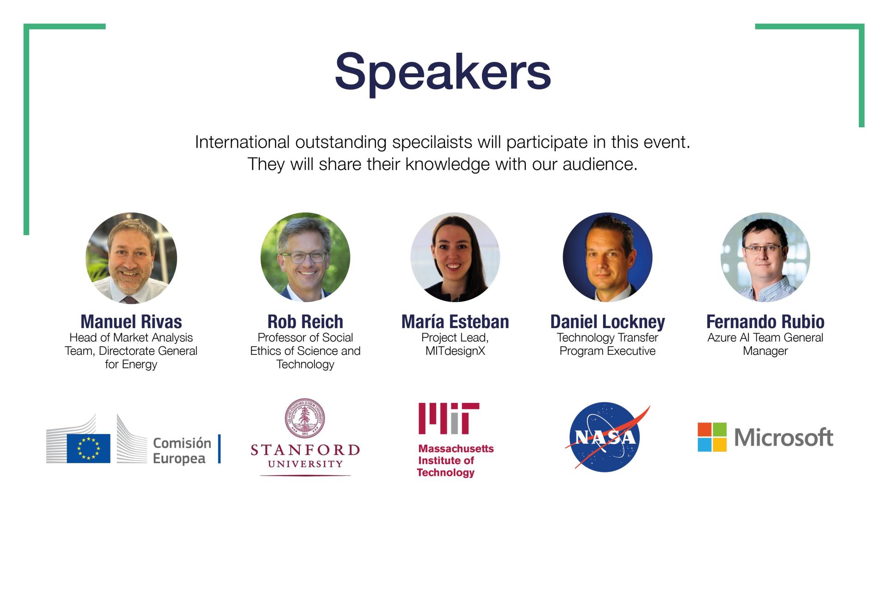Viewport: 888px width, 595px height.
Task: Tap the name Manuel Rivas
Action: pyautogui.click(x=131, y=322)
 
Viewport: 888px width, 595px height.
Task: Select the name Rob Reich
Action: pyautogui.click(x=305, y=322)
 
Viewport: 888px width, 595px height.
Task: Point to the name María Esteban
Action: pyautogui.click(x=455, y=322)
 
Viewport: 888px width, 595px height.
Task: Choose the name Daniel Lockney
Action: pyautogui.click(x=608, y=322)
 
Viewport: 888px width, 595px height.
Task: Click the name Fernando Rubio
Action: pyautogui.click(x=765, y=322)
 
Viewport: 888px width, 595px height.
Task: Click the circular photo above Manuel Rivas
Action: pyautogui.click(x=131, y=258)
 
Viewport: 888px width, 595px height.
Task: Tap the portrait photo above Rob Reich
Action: pyautogui.click(x=305, y=257)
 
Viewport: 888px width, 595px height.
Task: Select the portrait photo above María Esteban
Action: pyautogui.click(x=455, y=257)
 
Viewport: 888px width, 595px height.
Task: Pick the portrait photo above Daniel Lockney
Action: pyautogui.click(x=608, y=257)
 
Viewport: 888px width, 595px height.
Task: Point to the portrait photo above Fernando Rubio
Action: pyautogui.click(x=765, y=257)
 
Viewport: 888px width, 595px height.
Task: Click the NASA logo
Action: pyautogui.click(x=606, y=437)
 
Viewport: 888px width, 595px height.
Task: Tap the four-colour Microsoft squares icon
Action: pyautogui.click(x=712, y=437)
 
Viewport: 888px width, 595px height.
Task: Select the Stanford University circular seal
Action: pyautogui.click(x=304, y=418)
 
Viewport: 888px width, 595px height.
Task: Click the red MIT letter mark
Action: pyautogui.click(x=449, y=418)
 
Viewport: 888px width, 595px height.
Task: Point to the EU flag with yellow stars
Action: pyautogui.click(x=88, y=448)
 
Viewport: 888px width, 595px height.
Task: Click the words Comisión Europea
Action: pyautogui.click(x=182, y=451)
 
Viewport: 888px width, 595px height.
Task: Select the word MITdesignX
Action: pyautogui.click(x=455, y=351)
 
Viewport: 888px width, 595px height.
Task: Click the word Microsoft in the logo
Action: pyautogui.click(x=783, y=437)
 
